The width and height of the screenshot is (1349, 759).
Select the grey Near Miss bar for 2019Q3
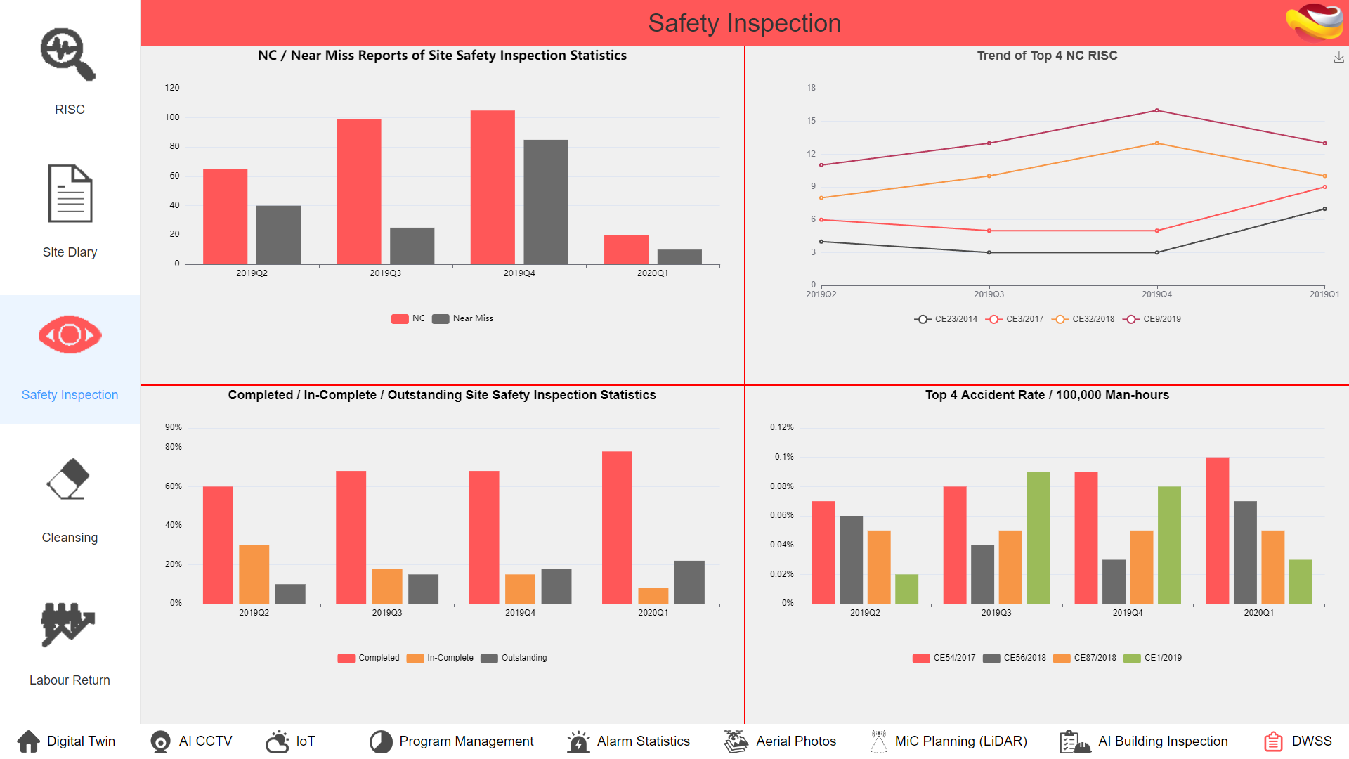[412, 246]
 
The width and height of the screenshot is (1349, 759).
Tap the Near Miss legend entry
[464, 318]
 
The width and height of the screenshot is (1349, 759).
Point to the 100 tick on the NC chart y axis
[172, 117]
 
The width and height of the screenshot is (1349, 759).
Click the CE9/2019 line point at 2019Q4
[1156, 111]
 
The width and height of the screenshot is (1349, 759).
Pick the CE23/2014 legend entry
[946, 319]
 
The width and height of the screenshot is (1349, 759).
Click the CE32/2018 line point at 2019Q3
[989, 176]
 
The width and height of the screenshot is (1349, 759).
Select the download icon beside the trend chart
[1338, 58]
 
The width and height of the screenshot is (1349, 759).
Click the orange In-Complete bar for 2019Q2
[254, 574]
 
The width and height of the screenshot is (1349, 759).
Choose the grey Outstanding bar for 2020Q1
[689, 582]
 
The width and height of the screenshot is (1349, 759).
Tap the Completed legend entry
[369, 659]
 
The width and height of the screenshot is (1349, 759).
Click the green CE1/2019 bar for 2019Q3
[1038, 538]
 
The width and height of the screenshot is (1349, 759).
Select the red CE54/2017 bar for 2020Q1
[1217, 531]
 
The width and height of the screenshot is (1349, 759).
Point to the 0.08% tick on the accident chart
[781, 486]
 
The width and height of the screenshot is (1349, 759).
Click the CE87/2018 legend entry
[1086, 659]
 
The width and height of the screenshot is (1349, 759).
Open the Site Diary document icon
[70, 193]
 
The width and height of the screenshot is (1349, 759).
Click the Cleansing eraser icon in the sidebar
[68, 479]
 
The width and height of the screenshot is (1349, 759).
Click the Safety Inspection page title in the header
[744, 23]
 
